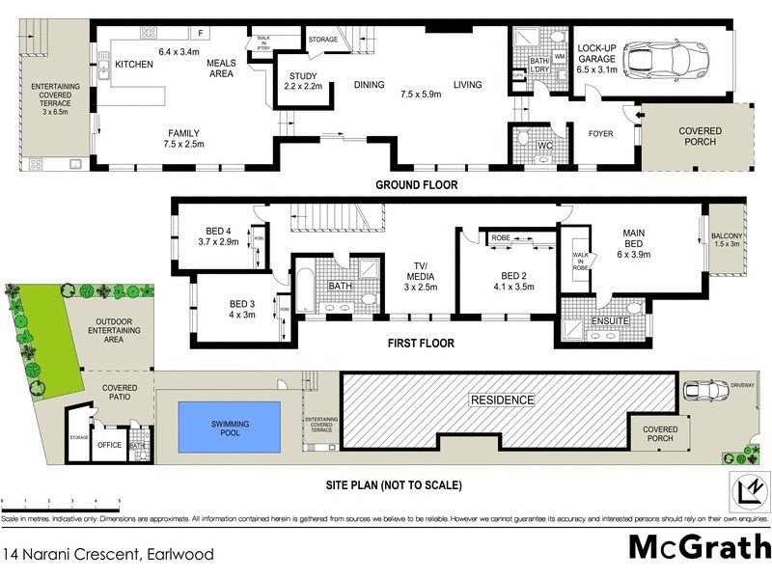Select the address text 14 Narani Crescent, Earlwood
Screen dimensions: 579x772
click(x=108, y=555)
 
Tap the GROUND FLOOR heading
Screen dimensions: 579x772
click(x=416, y=184)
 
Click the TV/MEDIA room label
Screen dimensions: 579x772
click(x=421, y=274)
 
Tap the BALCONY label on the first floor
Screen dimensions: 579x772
click(x=728, y=234)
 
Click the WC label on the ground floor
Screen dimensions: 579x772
click(x=544, y=147)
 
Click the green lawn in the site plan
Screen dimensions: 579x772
click(x=39, y=328)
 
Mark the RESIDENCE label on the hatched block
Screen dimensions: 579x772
click(x=501, y=400)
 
